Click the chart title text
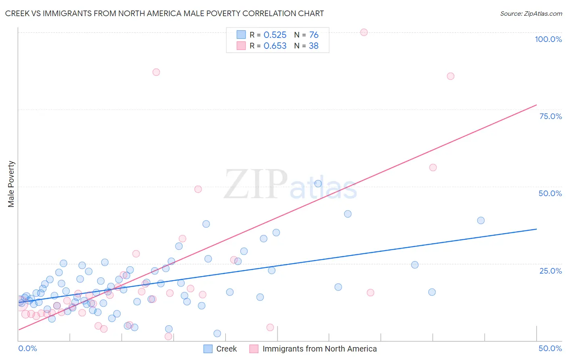165,13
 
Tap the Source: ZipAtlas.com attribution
531,13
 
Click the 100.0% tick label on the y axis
548,39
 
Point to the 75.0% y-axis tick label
550,116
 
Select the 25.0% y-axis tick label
550,270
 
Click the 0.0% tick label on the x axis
27,348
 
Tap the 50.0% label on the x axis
550,348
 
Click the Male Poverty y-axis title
11,184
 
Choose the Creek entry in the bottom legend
226,349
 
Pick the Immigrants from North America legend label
319,349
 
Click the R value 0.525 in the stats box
275,35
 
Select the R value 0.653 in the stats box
275,46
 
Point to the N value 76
314,35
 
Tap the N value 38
313,46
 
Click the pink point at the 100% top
364,32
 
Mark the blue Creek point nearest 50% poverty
318,184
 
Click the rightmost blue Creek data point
481,220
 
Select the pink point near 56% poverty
433,167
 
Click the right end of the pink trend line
536,105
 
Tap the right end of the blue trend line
536,229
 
